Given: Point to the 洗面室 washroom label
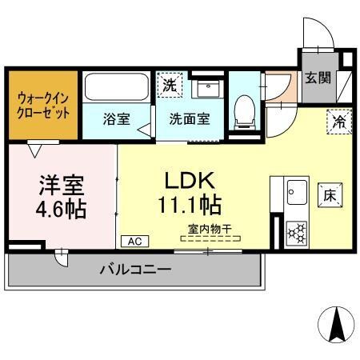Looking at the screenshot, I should point(189,120).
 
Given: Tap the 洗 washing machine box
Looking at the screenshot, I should point(169,84).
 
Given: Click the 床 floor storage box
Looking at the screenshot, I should point(330,194).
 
